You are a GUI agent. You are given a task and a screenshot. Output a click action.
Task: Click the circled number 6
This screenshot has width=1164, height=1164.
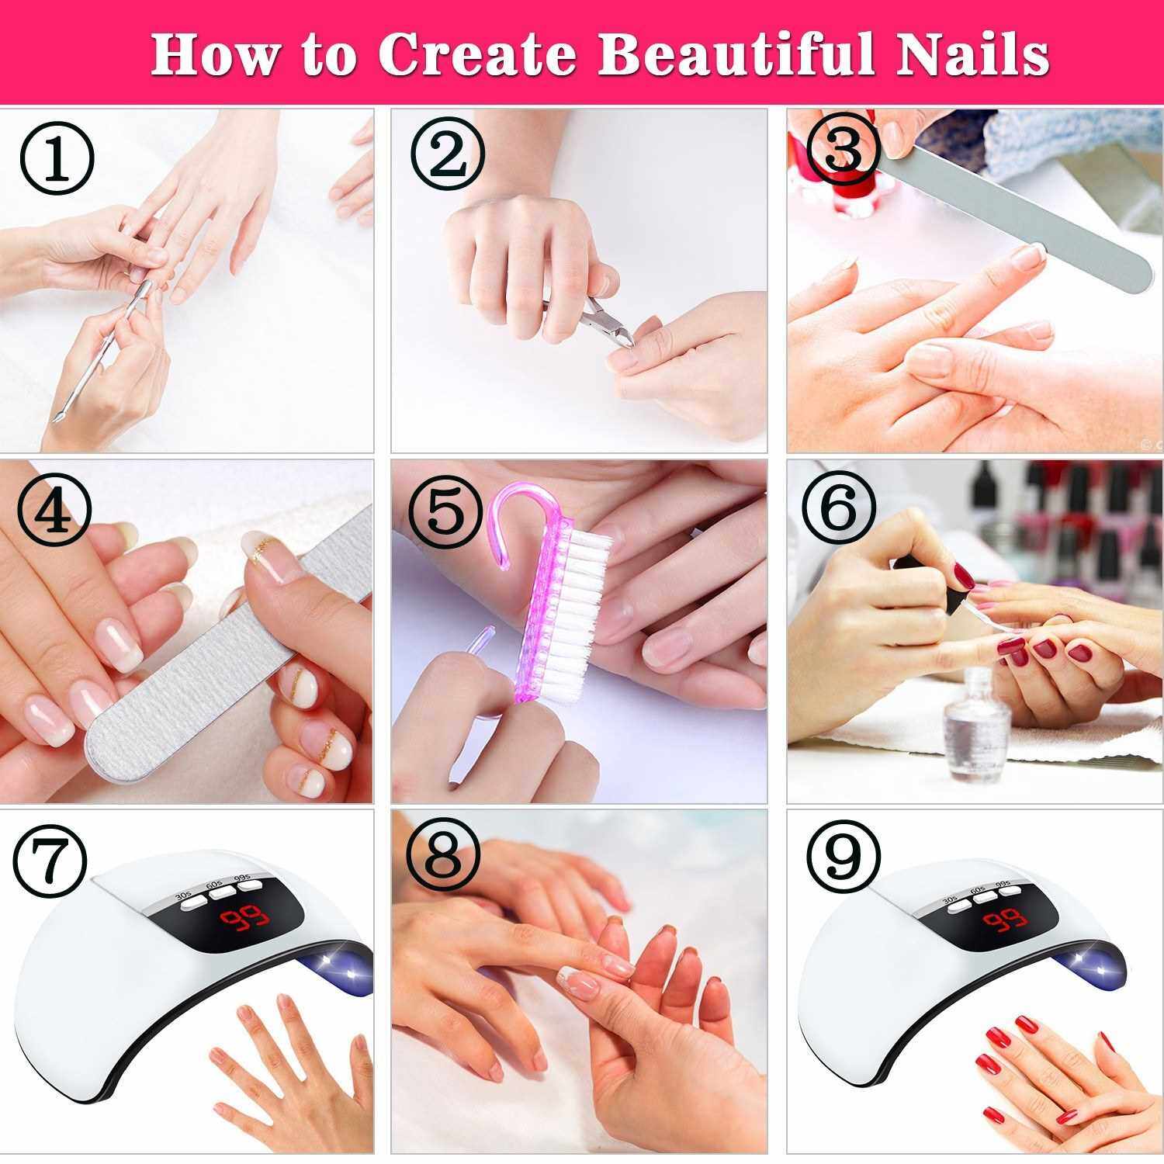tap(839, 508)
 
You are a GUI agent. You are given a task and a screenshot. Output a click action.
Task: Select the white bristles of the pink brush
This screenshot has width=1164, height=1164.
tap(574, 613)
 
